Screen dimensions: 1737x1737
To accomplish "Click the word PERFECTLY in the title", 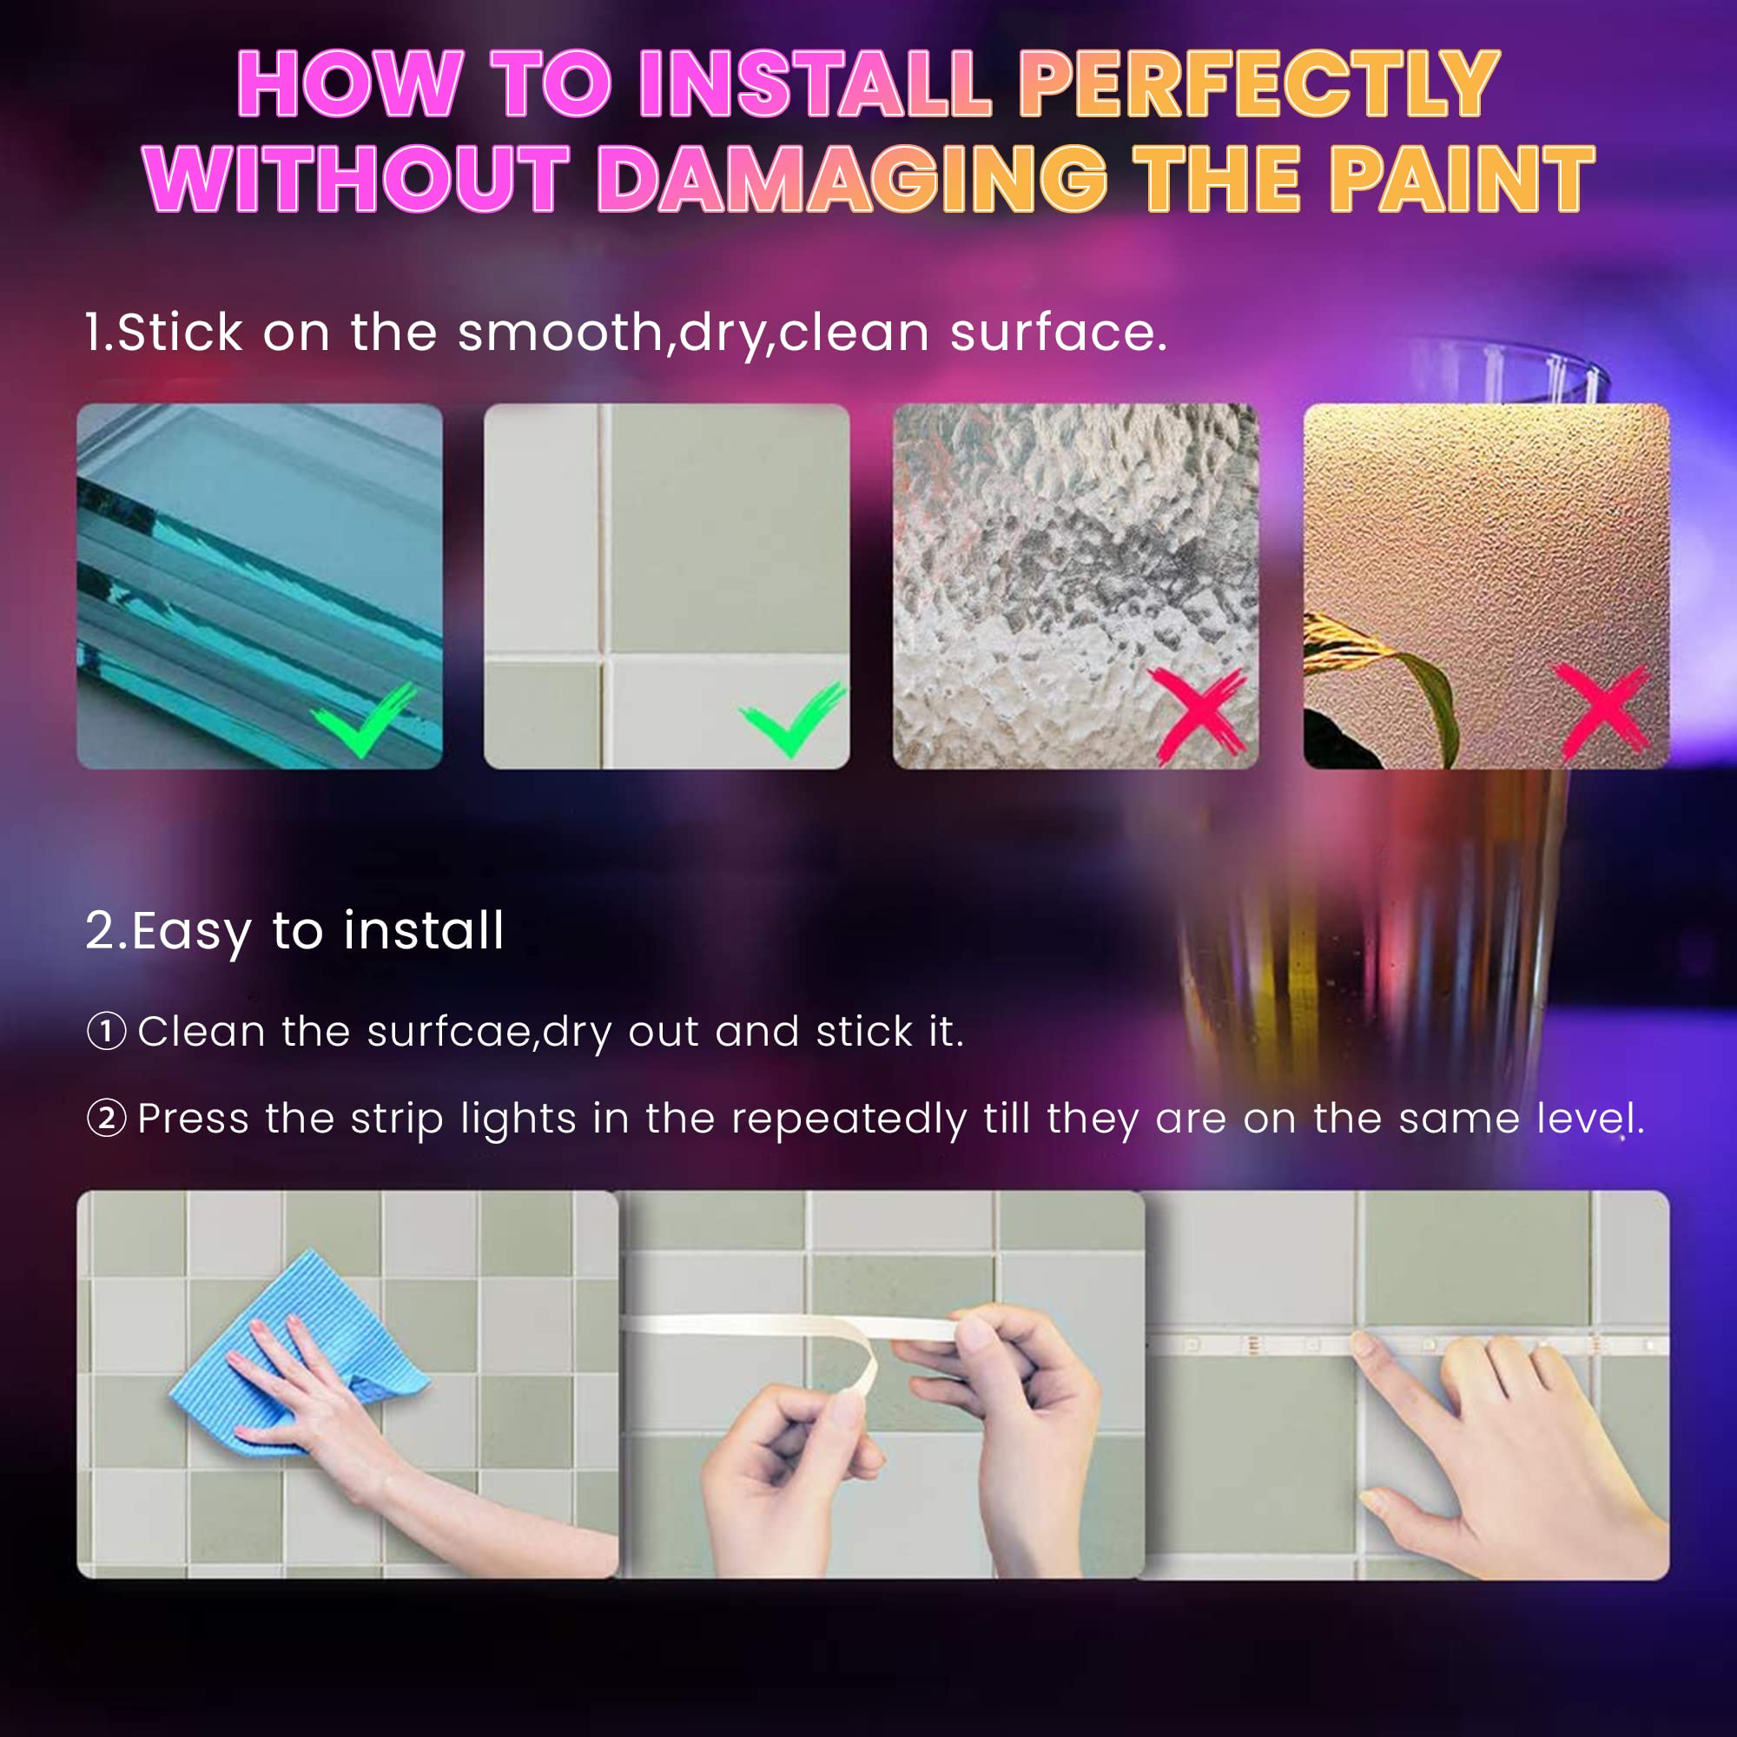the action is point(1258,83).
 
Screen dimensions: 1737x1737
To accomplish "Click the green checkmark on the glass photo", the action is point(364,718).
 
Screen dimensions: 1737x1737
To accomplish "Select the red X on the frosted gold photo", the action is point(1603,711).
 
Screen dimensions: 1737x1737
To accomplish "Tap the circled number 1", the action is point(106,1031).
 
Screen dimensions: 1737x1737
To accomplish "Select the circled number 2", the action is point(106,1119).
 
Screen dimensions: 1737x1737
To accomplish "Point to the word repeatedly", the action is point(849,1120).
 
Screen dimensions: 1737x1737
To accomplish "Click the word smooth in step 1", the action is point(561,333).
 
